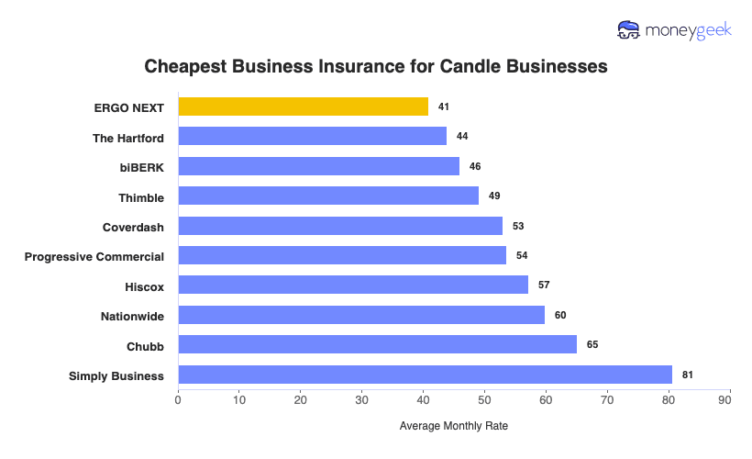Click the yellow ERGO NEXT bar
(x=303, y=106)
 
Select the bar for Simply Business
(x=425, y=375)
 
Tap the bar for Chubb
(x=377, y=345)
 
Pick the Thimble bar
(x=328, y=196)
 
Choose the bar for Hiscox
(x=353, y=285)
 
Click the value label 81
(x=688, y=375)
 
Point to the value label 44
(x=462, y=137)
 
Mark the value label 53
(x=517, y=226)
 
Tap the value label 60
(x=560, y=315)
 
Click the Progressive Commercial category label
(x=94, y=256)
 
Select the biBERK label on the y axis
(x=141, y=167)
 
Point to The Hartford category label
(x=128, y=138)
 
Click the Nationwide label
(x=132, y=316)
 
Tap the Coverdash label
(x=133, y=227)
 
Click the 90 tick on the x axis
(x=730, y=400)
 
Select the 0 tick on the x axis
(x=178, y=400)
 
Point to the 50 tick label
(x=484, y=400)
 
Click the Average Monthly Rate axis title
(x=453, y=426)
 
